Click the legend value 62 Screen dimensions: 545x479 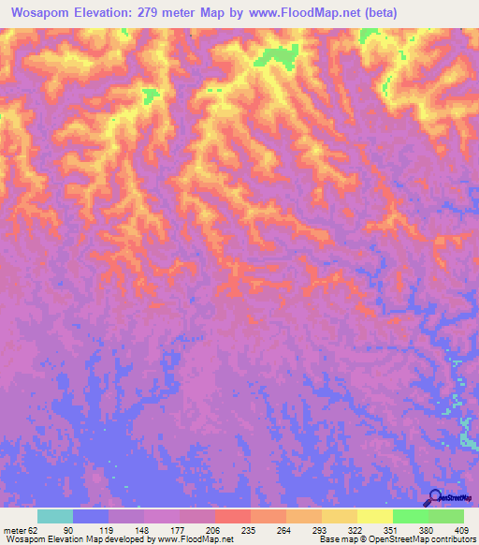(x=35, y=529)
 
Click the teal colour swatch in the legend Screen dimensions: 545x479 (x=55, y=516)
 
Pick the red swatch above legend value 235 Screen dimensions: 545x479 (x=232, y=516)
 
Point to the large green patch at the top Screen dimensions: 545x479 (x=276, y=56)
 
